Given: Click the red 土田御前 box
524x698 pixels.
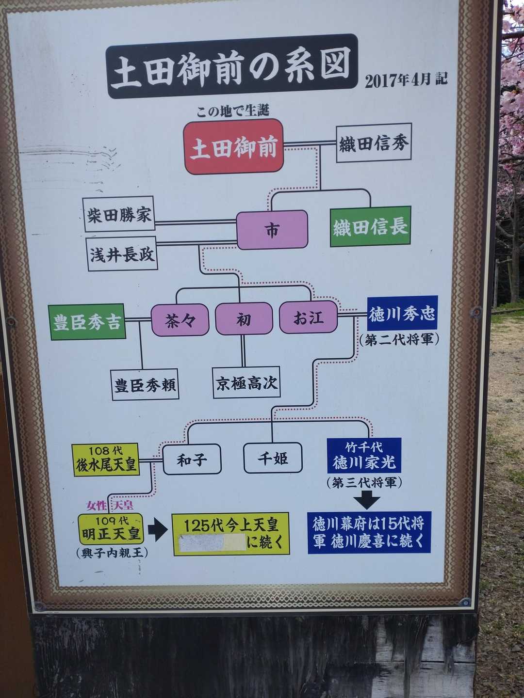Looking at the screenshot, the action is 234,146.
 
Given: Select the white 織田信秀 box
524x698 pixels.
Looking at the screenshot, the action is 374,143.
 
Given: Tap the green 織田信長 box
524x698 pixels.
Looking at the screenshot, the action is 370,226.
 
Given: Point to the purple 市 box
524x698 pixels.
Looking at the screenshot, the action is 272,229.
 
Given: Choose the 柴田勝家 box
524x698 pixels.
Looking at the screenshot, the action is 119,214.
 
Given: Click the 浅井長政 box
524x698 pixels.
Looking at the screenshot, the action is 122,254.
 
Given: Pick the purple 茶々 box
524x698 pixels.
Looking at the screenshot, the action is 180,319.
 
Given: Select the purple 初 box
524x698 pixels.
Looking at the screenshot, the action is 244,318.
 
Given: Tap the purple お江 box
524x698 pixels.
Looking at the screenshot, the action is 308,317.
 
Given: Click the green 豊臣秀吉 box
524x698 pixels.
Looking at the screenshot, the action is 87,321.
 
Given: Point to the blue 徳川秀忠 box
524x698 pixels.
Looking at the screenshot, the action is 403,313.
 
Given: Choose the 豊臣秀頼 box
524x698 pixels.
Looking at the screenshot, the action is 145,384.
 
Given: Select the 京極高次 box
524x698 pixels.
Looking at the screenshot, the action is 246,382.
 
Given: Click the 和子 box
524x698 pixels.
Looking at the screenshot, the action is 192,459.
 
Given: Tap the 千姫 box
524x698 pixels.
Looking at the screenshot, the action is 273,458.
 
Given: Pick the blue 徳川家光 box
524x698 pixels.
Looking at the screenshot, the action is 364,455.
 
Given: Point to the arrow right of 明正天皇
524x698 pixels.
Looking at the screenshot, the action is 158,531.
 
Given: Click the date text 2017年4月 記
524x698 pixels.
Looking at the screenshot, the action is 406,80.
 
